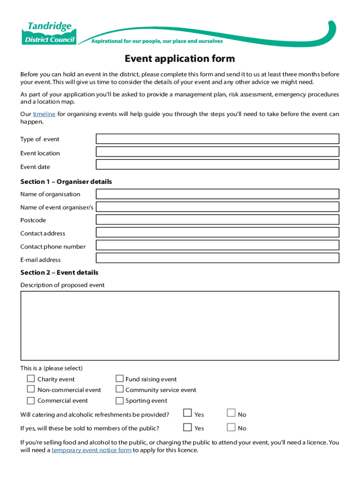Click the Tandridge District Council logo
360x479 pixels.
tap(49, 32)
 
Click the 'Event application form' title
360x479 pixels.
tap(180, 59)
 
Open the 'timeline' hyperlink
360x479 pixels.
tap(44, 114)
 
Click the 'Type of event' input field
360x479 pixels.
tap(217, 139)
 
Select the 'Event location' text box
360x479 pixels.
tap(217, 152)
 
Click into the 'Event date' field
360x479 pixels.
tap(217, 164)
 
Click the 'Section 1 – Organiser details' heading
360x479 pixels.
tap(66, 181)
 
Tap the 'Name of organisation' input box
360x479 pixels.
tap(217, 194)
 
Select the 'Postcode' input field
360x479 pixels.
tap(217, 220)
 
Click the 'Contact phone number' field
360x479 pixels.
tap(217, 246)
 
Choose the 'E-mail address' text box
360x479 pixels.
tap(217, 258)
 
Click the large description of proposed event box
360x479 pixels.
tap(180, 326)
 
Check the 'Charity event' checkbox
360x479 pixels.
tap(31, 378)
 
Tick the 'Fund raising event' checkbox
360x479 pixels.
tap(119, 378)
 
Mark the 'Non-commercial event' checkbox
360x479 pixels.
tap(31, 389)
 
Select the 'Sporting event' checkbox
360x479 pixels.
tap(119, 400)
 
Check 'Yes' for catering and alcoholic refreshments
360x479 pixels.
tap(187, 413)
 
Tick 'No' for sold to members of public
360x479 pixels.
tap(231, 427)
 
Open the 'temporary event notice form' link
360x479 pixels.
tap(91, 450)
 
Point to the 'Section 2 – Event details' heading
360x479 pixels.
tap(59, 272)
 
